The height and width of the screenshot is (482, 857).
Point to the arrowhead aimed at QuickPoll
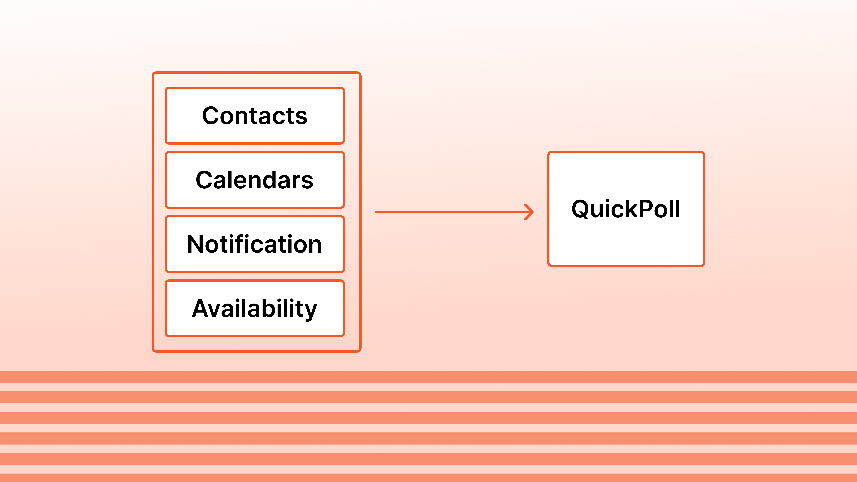pos(530,212)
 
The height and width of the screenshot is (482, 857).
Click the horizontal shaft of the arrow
pos(449,212)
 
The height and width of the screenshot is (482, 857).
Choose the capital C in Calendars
pos(205,180)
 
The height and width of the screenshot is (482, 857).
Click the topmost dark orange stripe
pos(428,377)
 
